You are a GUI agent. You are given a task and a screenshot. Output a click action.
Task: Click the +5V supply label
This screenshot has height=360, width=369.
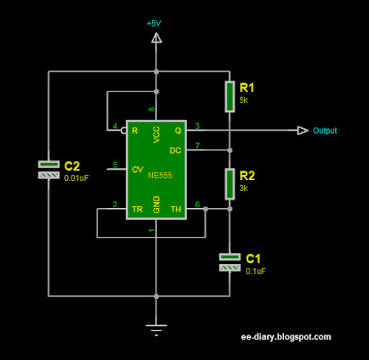(x=154, y=24)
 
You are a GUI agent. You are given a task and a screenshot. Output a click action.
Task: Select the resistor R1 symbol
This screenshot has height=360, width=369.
(x=230, y=94)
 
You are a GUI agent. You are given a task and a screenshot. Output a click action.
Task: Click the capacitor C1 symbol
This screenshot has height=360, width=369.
(x=230, y=261)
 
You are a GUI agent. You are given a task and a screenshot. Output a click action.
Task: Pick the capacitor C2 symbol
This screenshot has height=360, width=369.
(x=49, y=169)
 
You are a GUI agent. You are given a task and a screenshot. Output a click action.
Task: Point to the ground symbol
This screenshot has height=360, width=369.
(x=156, y=329)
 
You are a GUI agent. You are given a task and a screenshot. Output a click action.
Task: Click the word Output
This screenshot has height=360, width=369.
(x=325, y=131)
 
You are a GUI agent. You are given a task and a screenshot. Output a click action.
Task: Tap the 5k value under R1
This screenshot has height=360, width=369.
(x=244, y=100)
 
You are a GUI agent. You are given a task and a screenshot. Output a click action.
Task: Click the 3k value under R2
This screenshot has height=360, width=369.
(x=244, y=189)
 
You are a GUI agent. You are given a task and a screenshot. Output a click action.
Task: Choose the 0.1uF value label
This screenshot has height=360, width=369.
(x=255, y=271)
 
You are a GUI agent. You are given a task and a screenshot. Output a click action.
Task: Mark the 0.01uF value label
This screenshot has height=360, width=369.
(x=76, y=177)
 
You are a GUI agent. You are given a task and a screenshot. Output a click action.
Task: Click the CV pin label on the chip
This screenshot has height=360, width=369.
(x=137, y=169)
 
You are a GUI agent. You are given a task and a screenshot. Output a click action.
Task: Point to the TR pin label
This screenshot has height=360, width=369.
(x=137, y=210)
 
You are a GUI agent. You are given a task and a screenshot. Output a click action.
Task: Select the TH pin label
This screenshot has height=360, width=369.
(x=176, y=210)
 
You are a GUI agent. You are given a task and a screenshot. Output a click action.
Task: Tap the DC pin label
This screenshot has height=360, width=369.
(x=176, y=150)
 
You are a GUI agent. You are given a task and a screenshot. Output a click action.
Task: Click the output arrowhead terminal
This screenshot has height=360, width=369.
(x=303, y=131)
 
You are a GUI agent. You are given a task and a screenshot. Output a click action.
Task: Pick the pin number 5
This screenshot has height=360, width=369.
(x=114, y=165)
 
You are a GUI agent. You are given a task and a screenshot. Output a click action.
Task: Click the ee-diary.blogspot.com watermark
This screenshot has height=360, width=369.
(x=286, y=336)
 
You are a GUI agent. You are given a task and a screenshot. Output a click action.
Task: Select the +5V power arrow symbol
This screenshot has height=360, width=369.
(x=156, y=38)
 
